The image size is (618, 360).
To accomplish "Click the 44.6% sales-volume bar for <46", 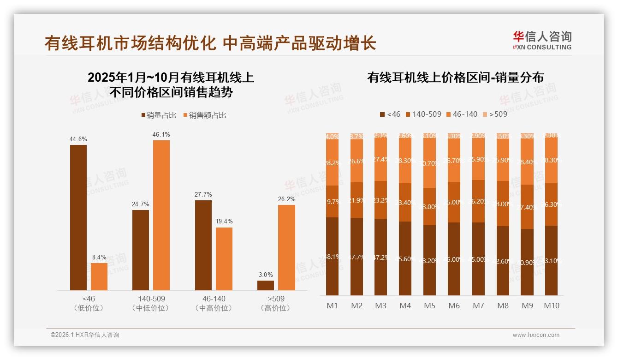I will [x=78, y=217].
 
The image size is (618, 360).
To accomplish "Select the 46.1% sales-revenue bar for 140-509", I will [x=161, y=215].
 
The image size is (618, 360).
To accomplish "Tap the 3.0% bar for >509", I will [x=266, y=285].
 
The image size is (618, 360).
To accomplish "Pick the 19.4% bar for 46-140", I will [x=224, y=258].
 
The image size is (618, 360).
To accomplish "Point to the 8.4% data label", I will [x=99, y=257].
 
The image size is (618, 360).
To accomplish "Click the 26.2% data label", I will [x=286, y=199].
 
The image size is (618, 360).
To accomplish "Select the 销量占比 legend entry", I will [x=159, y=115].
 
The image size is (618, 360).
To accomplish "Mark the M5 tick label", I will [x=429, y=306].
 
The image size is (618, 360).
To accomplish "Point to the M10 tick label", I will [x=551, y=306].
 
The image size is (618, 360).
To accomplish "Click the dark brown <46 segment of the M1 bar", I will [x=332, y=256].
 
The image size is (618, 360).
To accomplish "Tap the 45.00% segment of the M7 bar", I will [x=478, y=259].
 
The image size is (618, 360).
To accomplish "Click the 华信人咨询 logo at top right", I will [x=542, y=40].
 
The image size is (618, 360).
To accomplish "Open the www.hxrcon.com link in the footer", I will [x=536, y=335].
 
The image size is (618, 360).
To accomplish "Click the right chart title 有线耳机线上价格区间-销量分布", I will [x=455, y=78].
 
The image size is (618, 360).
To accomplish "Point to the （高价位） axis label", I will [x=276, y=308].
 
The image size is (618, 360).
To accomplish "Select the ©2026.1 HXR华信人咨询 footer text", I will [x=85, y=335].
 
